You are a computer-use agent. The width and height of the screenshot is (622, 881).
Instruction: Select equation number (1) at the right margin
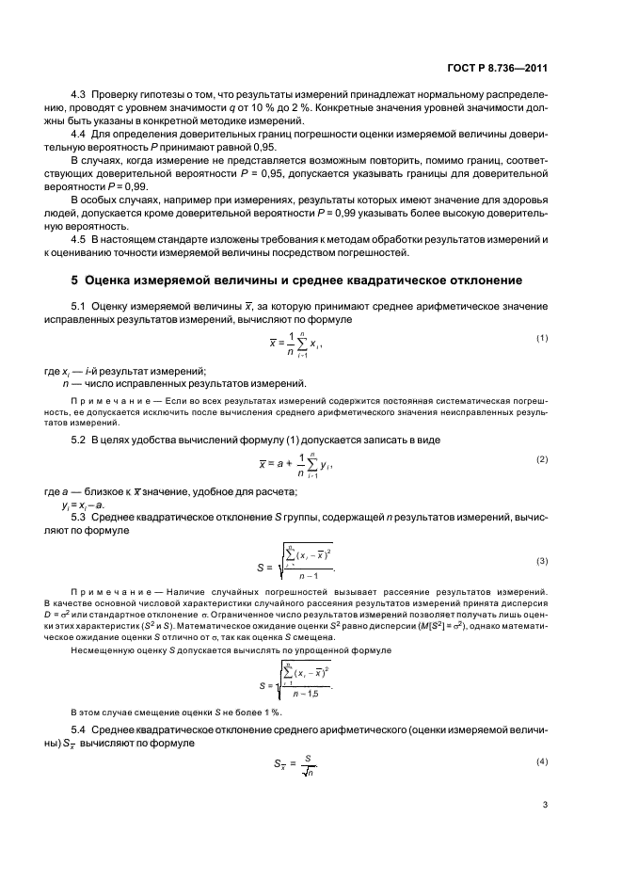click(541, 338)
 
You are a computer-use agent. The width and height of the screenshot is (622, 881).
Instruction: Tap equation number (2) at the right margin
click(541, 458)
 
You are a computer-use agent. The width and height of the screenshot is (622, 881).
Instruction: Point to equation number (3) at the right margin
click(541, 561)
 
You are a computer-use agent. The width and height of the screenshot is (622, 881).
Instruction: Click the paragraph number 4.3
click(80, 97)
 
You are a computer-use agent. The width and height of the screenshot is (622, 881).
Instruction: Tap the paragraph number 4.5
click(80, 237)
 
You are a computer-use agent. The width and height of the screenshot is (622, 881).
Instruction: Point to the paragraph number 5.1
click(80, 307)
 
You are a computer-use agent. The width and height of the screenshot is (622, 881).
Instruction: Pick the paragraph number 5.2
click(80, 440)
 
